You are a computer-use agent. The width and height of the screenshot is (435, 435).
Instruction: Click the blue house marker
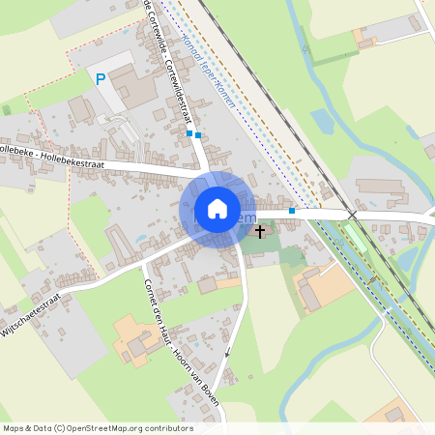pos(217,209)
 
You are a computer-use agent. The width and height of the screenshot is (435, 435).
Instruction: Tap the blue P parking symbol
pos(100,79)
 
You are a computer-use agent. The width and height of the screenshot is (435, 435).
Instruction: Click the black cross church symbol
pos(258,231)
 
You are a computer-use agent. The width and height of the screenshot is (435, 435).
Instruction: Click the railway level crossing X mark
pos(353,214)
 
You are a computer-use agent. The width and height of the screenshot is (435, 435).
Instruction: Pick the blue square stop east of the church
pos(292,210)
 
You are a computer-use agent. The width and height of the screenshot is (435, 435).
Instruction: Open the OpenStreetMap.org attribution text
pos(97,428)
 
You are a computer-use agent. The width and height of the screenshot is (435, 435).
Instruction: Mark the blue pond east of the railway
pos(322,120)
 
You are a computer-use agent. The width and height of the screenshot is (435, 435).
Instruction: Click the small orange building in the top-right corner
pos(365,38)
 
